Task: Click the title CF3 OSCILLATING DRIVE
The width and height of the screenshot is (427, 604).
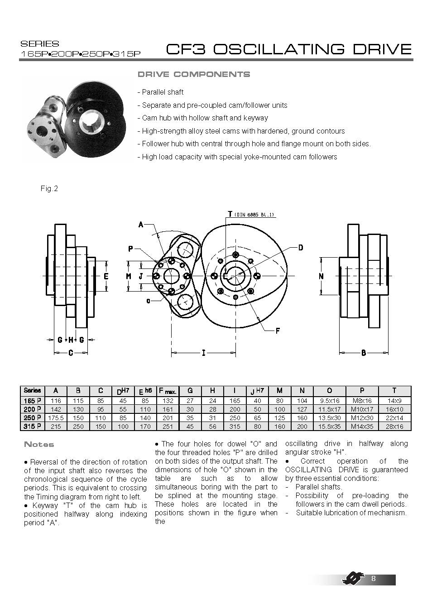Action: coord(289,49)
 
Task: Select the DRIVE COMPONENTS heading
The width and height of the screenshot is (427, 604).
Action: coord(193,74)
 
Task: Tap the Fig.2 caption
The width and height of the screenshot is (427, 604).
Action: coord(49,188)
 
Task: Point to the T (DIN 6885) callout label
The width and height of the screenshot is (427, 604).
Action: coord(251,215)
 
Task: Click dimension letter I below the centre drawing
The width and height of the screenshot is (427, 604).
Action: coord(203,353)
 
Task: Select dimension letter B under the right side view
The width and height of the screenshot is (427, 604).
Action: coord(364,353)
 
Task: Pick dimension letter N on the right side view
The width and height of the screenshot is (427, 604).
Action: coord(321,276)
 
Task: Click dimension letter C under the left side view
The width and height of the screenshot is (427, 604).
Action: coord(71,353)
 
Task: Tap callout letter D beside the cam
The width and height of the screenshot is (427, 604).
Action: coord(300,248)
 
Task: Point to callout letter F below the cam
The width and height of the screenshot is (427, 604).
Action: coord(278,331)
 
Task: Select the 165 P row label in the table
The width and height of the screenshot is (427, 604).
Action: coord(32,400)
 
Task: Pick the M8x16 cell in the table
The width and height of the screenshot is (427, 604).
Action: coord(361,400)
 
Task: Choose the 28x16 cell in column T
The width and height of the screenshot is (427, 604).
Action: coord(394,426)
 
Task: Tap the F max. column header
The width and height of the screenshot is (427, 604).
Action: coord(167,390)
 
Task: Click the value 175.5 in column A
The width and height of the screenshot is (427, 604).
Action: coord(56,417)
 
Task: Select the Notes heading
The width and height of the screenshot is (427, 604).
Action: coord(39,445)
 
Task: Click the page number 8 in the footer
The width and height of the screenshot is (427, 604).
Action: coord(373,579)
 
